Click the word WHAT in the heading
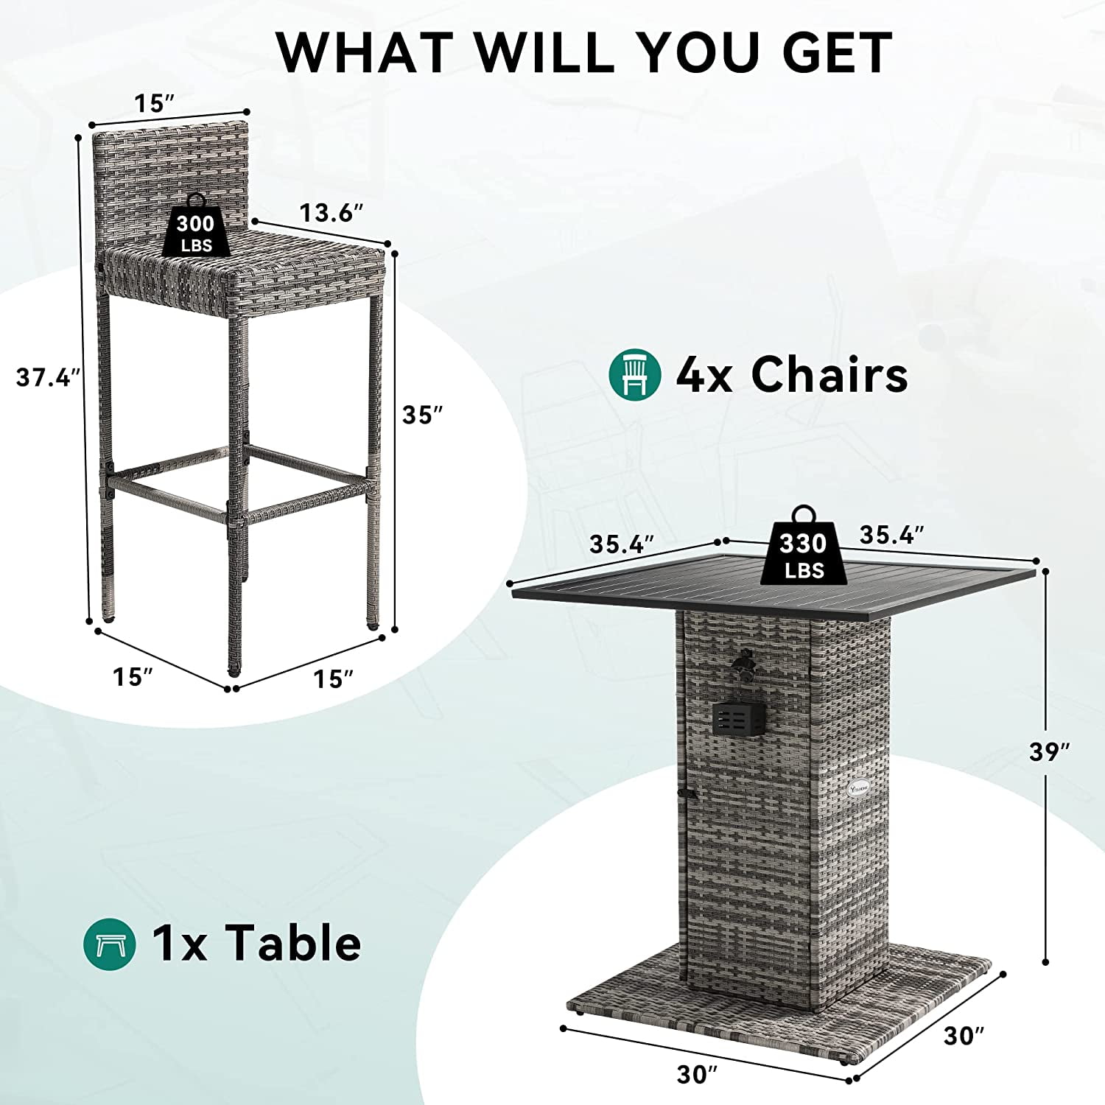pos(365,52)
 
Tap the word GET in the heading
pos(837,52)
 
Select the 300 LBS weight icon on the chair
pos(195,225)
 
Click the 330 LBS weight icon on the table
pos(803,546)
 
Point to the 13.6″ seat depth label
pos(331,213)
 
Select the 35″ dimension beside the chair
pos(422,415)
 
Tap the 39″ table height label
pos(1049,751)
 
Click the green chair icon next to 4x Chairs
pos(635,374)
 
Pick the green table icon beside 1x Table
pos(109,944)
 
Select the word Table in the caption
pos(293,943)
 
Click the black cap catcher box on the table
pos(740,718)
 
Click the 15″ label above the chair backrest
pos(154,104)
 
